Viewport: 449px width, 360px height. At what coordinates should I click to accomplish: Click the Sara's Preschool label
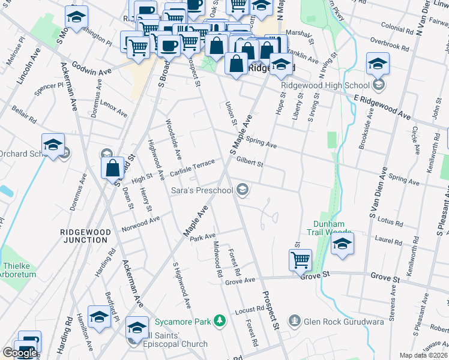click(x=202, y=191)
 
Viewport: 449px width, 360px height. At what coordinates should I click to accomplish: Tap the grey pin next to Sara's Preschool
click(x=243, y=190)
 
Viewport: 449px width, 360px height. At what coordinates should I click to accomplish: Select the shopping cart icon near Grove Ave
click(x=300, y=260)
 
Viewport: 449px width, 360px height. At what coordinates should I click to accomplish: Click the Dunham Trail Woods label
click(x=329, y=228)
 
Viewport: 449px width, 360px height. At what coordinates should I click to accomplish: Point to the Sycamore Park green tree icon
click(x=220, y=321)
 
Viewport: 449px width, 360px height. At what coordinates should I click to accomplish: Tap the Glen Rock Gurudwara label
click(x=343, y=321)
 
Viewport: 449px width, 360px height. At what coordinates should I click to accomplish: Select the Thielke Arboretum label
click(x=19, y=270)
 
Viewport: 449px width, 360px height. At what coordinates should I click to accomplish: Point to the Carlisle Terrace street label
click(x=192, y=167)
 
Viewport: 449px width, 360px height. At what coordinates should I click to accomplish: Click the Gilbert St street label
click(x=250, y=161)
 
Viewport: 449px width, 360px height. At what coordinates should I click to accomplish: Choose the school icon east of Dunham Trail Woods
click(x=342, y=244)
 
